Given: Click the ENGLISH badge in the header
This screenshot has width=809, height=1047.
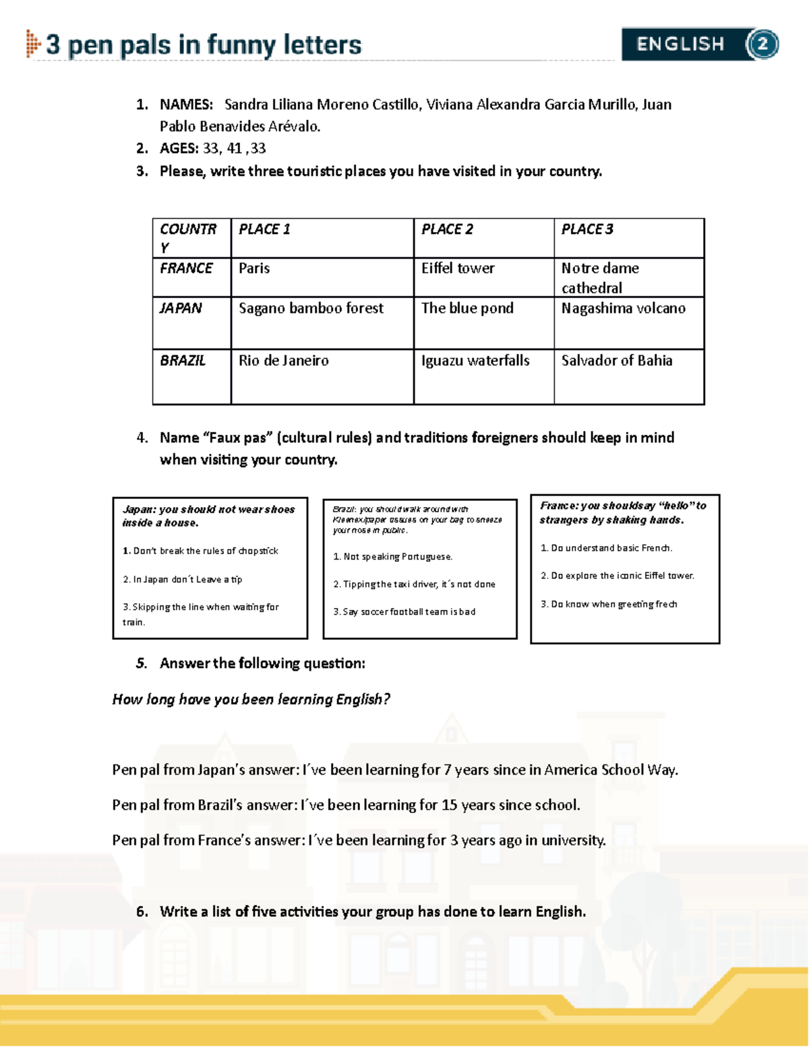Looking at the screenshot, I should point(681,44).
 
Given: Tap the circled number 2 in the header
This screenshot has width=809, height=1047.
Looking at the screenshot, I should point(762,44).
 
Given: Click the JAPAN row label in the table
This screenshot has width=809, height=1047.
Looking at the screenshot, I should point(181,308).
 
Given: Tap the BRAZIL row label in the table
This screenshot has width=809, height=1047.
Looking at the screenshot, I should point(183,361).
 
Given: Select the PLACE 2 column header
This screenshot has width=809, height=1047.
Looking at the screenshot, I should point(447,229).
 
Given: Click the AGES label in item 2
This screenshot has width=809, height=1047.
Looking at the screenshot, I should point(179,148).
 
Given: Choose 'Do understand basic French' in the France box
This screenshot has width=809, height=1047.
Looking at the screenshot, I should point(607,548).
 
